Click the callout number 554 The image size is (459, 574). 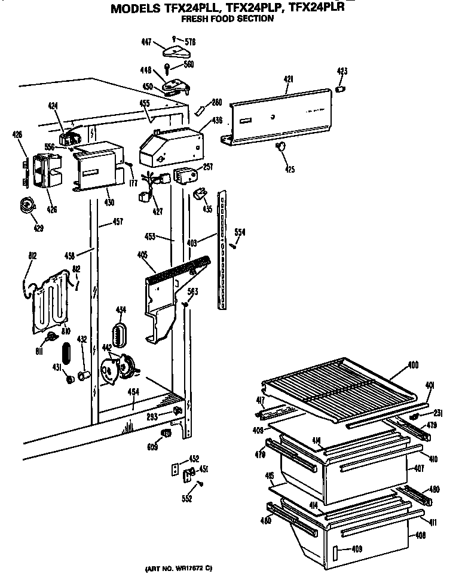[x=239, y=232]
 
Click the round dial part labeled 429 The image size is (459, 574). [x=26, y=205]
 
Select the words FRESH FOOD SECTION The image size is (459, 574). [x=220, y=19]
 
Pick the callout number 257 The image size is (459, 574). [x=207, y=168]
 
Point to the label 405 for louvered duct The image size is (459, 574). [x=142, y=255]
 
